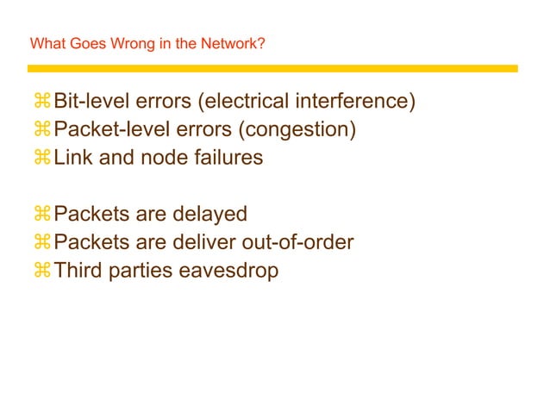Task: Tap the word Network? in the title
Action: pyautogui.click(x=234, y=43)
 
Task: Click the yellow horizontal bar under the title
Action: pyautogui.click(x=272, y=68)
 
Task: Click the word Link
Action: pyautogui.click(x=72, y=159)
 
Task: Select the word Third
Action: pyautogui.click(x=78, y=271)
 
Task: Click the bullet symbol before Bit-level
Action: pyautogui.click(x=42, y=103)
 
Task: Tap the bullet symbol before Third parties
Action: pyautogui.click(x=42, y=272)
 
